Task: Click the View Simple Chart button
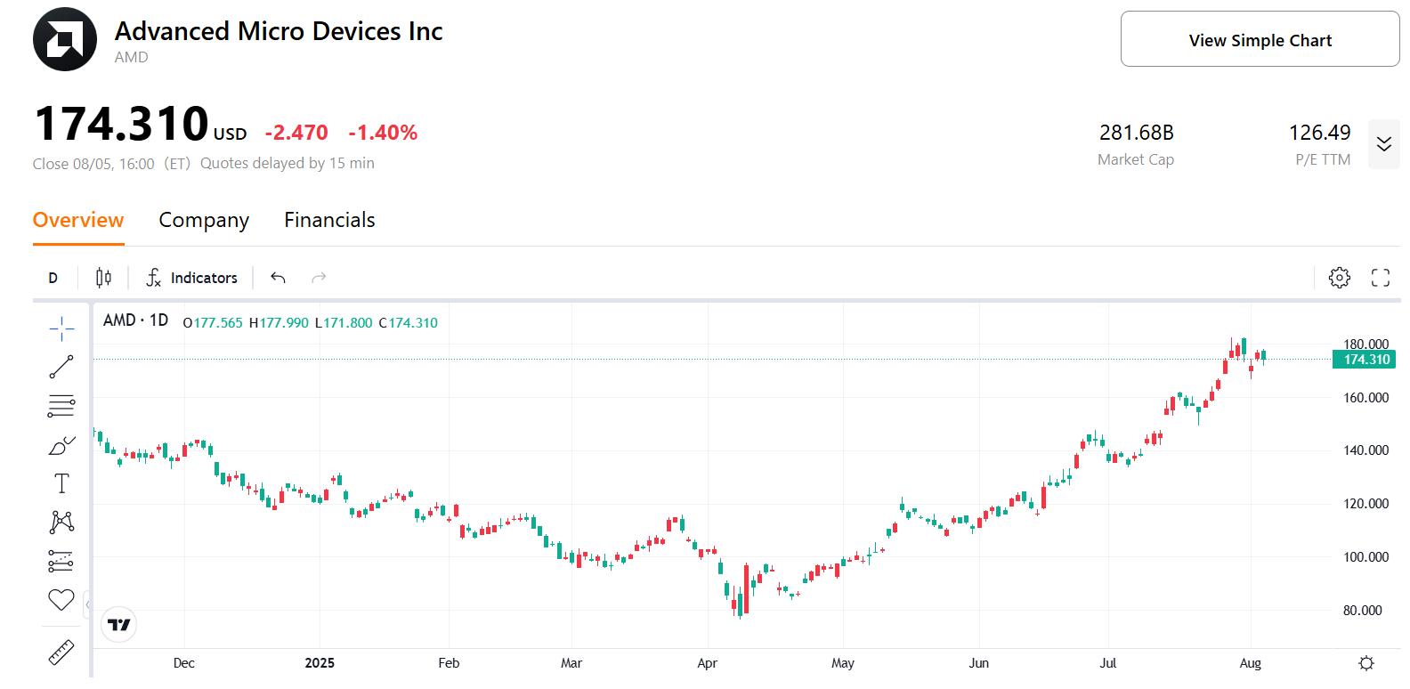click(1260, 39)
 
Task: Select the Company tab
click(204, 220)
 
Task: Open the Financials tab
click(329, 220)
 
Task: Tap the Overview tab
click(78, 220)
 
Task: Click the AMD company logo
click(65, 39)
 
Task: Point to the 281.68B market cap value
click(1136, 133)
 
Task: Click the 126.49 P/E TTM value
click(1319, 133)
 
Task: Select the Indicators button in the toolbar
click(191, 278)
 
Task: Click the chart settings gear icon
click(1339, 278)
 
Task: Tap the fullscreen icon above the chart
click(1380, 278)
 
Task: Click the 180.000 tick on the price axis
click(1365, 344)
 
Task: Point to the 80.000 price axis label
click(1365, 611)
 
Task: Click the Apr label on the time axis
click(707, 663)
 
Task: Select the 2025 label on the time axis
click(320, 663)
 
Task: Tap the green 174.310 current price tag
click(1364, 360)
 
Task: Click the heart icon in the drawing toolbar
click(61, 600)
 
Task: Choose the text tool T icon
click(61, 483)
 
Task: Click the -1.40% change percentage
click(383, 133)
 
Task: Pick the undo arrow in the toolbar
click(278, 278)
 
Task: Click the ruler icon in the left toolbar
click(61, 653)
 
